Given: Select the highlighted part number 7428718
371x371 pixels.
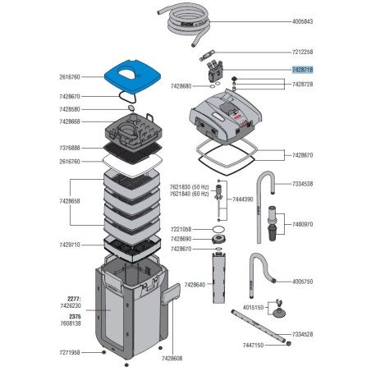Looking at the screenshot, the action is pyautogui.click(x=302, y=70).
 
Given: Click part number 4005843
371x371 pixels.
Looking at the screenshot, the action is pyautogui.click(x=302, y=21).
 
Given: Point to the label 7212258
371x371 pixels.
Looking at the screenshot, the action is pyautogui.click(x=302, y=52).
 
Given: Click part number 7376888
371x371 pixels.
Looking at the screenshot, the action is pyautogui.click(x=70, y=148).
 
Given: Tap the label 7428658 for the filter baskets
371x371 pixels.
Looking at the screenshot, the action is pyautogui.click(x=70, y=201).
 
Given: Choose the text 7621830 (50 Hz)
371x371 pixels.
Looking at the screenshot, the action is pyautogui.click(x=189, y=187).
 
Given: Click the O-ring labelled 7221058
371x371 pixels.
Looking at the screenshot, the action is pyautogui.click(x=218, y=229).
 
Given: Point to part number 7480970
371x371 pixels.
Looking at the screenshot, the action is pyautogui.click(x=302, y=224).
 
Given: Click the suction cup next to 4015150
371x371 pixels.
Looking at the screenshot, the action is pyautogui.click(x=278, y=312).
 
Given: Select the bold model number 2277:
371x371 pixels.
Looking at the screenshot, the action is pyautogui.click(x=74, y=299).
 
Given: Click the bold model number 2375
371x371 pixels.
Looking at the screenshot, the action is pyautogui.click(x=75, y=317).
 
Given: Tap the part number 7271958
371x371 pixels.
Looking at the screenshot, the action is pyautogui.click(x=70, y=352).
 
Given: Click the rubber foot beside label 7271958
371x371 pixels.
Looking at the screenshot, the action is pyautogui.click(x=103, y=352).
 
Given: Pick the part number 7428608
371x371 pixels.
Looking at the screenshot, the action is pyautogui.click(x=172, y=358).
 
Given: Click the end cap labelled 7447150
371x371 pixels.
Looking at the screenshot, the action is pyautogui.click(x=288, y=344).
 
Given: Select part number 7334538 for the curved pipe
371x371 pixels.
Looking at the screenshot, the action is pyautogui.click(x=302, y=184).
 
